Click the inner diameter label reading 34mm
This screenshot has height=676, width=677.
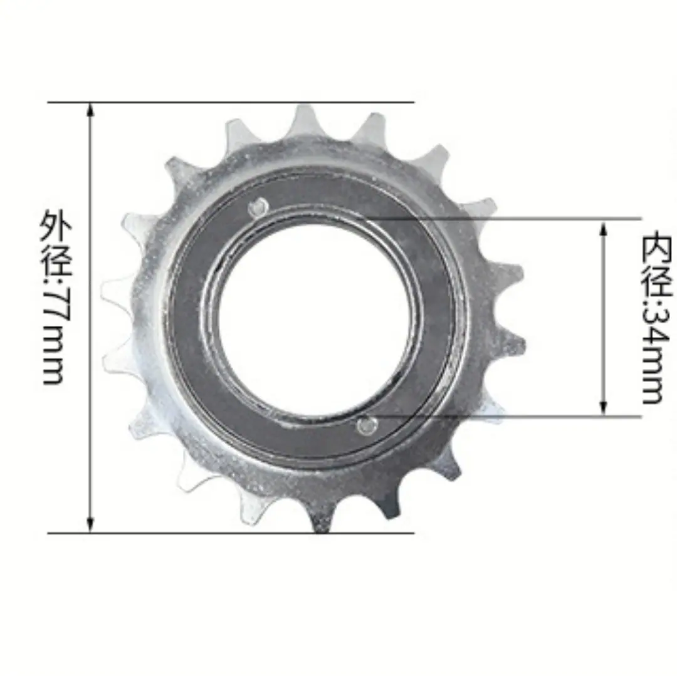(x=656, y=318)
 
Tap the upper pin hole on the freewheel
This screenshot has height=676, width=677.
(x=259, y=207)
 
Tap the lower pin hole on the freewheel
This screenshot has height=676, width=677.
(x=367, y=426)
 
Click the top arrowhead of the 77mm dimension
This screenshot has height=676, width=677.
(x=90, y=110)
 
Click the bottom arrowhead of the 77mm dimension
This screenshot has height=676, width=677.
(x=90, y=525)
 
